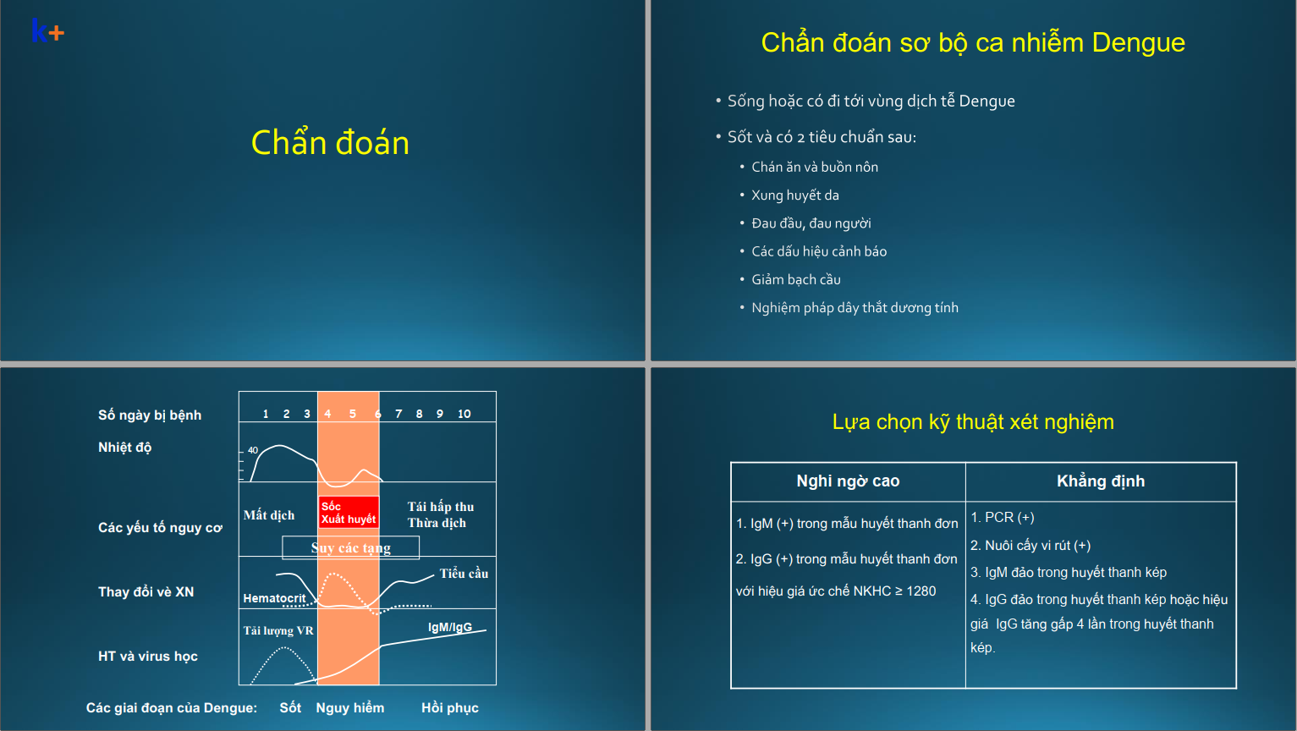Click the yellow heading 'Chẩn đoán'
tap(330, 142)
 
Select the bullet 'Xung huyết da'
tap(795, 195)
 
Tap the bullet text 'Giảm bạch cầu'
tap(796, 280)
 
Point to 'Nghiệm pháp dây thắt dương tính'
tap(855, 308)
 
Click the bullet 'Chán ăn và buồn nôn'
tap(815, 167)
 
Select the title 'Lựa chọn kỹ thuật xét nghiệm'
tap(973, 421)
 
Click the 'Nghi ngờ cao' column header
tap(848, 481)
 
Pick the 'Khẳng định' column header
tap(1101, 481)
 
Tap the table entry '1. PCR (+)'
tap(1003, 517)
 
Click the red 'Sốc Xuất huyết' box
tap(349, 512)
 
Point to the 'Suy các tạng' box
tap(351, 547)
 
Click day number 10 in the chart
tap(464, 414)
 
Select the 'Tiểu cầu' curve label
tap(464, 574)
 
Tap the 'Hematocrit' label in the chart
tap(274, 598)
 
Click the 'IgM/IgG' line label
tap(450, 627)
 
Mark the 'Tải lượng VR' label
tap(278, 630)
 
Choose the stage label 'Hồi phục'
tap(450, 708)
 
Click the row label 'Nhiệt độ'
tap(125, 448)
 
